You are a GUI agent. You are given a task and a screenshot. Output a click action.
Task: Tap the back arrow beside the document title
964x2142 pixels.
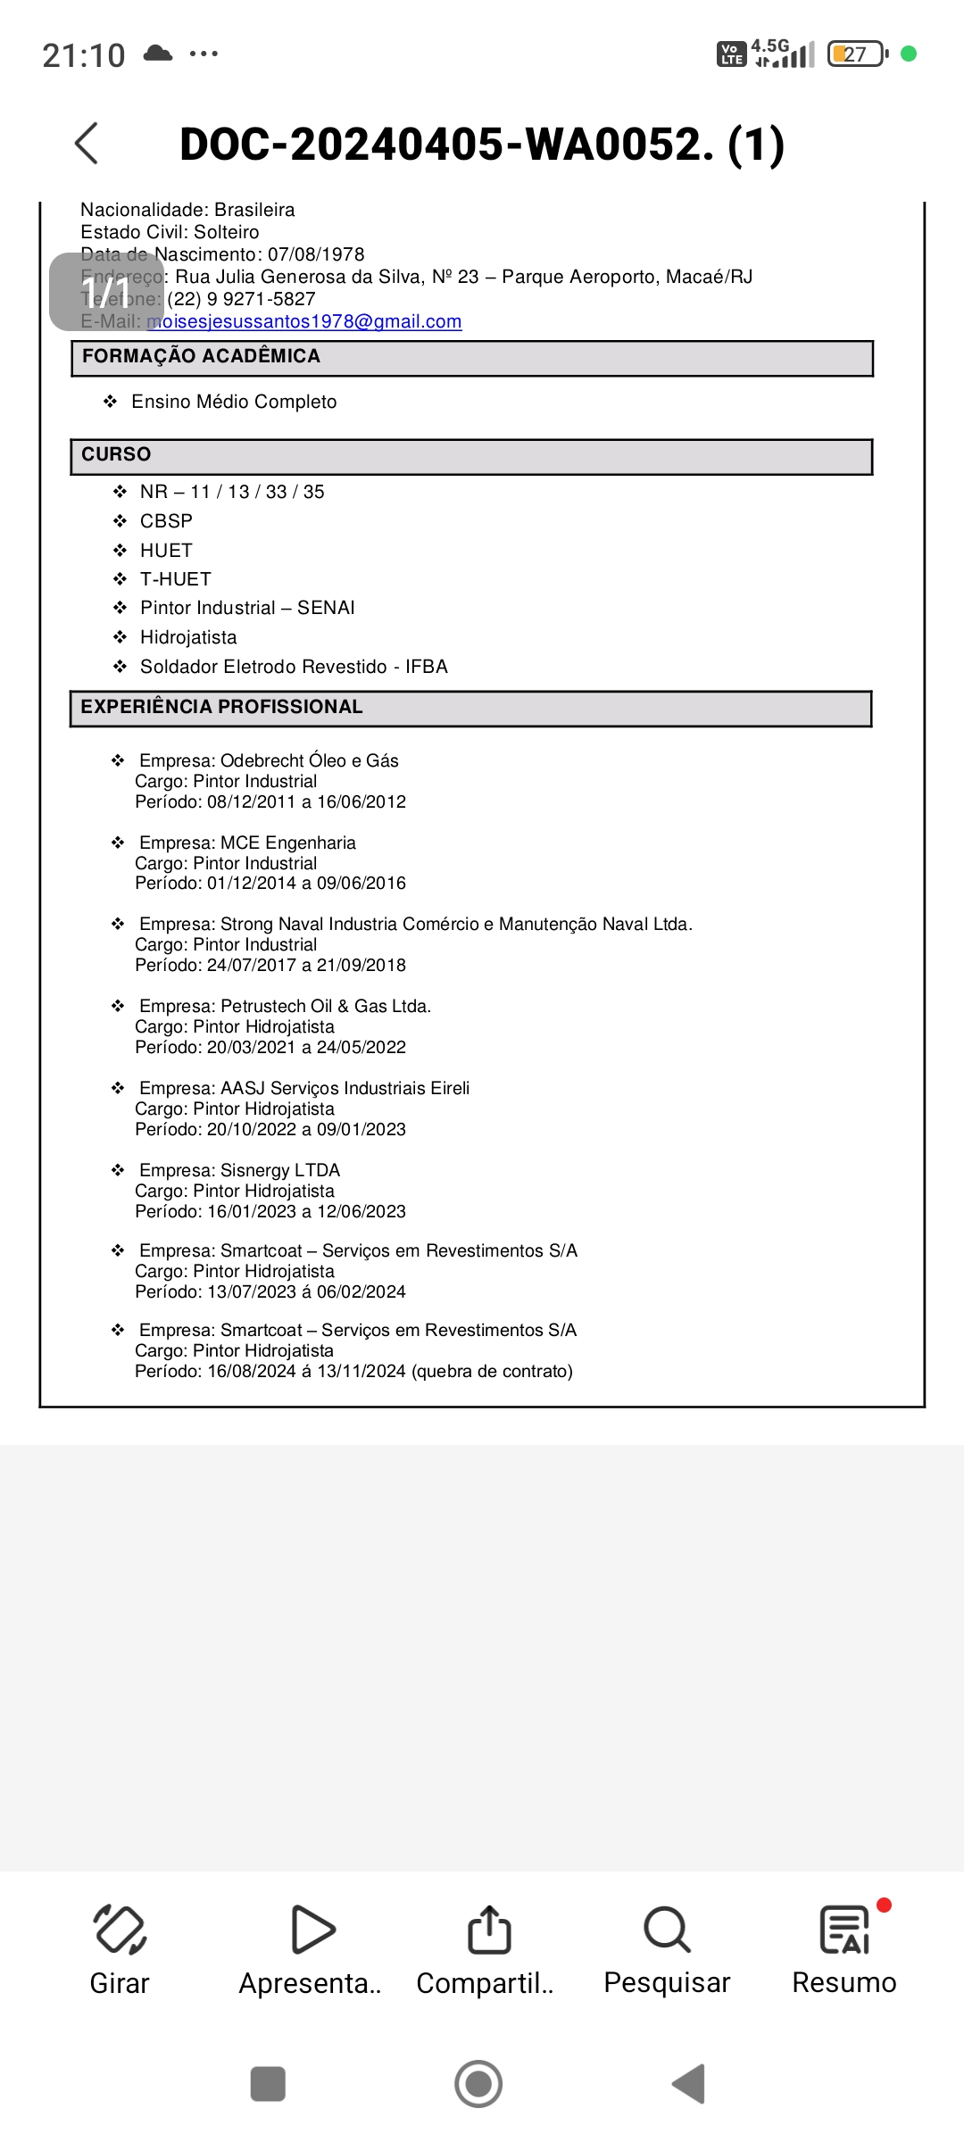[x=87, y=144]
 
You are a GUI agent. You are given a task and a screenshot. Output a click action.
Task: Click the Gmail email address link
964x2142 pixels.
[x=304, y=321]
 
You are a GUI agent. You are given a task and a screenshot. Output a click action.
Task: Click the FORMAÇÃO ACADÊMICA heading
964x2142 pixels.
[x=201, y=356]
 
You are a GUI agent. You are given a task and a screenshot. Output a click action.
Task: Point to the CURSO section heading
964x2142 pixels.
[x=116, y=454]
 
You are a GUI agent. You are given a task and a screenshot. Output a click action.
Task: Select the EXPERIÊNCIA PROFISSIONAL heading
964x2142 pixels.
[x=221, y=707]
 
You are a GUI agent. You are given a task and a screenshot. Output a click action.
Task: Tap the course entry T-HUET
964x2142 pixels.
[x=176, y=579]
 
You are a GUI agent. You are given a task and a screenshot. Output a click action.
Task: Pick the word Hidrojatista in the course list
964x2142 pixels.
[x=188, y=637]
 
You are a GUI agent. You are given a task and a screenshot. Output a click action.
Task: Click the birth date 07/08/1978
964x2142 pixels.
[x=316, y=254]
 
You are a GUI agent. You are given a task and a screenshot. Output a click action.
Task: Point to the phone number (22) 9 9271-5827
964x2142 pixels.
[x=241, y=299]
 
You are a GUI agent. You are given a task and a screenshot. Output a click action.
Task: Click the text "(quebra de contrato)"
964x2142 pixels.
[x=492, y=1371]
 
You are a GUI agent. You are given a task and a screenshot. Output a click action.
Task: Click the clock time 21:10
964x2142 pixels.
[x=84, y=55]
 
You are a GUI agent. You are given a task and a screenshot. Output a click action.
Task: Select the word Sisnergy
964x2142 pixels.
[x=255, y=1170]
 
